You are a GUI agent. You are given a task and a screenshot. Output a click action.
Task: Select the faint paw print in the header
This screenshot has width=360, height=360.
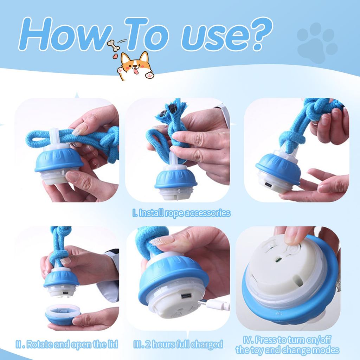[317, 43]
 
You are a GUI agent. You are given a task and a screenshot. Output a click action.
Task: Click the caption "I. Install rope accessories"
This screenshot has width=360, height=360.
[181, 213]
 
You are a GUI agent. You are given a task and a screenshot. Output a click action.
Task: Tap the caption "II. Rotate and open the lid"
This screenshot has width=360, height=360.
[67, 344]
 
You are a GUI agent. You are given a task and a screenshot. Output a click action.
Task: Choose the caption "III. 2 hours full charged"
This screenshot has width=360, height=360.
[178, 344]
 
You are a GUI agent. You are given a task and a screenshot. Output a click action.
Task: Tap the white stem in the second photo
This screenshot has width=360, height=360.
[173, 159]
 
